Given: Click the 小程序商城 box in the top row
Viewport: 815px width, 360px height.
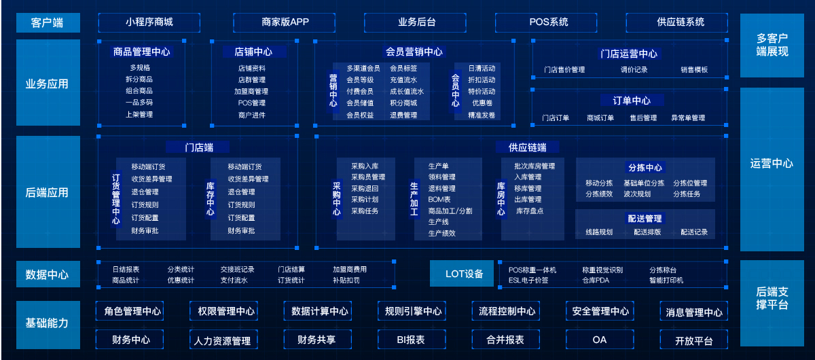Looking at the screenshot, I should click(149, 22).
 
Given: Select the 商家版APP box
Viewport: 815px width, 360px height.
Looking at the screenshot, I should click(285, 22).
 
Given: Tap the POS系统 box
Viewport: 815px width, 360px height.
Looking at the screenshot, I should click(549, 22).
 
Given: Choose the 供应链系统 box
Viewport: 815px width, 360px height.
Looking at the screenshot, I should click(681, 22).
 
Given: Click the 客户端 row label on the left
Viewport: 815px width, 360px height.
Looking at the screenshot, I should click(48, 22).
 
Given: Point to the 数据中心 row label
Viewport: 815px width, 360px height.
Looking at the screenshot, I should click(48, 274).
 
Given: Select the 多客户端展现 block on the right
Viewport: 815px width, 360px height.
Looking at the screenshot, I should click(772, 45).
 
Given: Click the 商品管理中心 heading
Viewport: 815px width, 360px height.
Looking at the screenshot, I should click(142, 52).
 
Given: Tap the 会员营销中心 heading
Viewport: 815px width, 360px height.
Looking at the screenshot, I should click(414, 52).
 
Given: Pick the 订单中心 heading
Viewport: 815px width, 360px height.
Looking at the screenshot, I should click(632, 101).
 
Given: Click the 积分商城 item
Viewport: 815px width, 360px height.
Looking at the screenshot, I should click(403, 103).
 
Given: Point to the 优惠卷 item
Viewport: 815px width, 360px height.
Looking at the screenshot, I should click(482, 103).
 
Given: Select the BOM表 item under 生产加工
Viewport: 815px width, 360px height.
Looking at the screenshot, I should click(439, 200).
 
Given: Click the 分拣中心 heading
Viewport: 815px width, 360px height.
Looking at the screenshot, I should click(645, 168).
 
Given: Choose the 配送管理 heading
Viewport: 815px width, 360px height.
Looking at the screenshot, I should click(645, 219).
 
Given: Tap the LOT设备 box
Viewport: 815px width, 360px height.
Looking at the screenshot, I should click(465, 274).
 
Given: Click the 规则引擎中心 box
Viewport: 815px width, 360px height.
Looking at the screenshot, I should click(413, 311).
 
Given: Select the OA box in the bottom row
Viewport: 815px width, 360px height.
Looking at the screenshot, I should click(599, 340).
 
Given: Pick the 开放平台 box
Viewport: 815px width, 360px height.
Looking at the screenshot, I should click(694, 340).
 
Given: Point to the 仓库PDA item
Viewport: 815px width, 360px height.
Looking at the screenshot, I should click(596, 280).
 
